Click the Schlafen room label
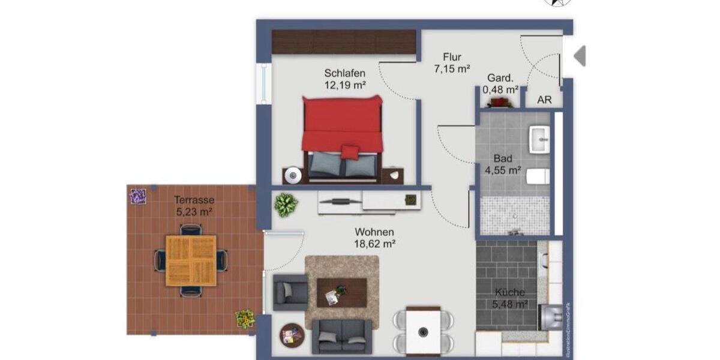pyautogui.click(x=345, y=73)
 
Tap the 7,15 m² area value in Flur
pyautogui.click(x=452, y=69)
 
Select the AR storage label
pyautogui.click(x=544, y=100)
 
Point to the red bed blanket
pyautogui.click(x=342, y=123)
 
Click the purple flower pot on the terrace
pyautogui.click(x=138, y=196)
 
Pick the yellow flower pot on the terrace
pyautogui.click(x=244, y=318)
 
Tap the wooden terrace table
pyautogui.click(x=191, y=260)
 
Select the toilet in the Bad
pyautogui.click(x=538, y=176)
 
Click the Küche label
pyautogui.click(x=510, y=292)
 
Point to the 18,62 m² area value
pyautogui.click(x=375, y=244)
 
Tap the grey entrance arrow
pyautogui.click(x=580, y=56)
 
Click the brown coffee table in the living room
pyautogui.click(x=341, y=292)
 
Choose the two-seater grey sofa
pyautogui.click(x=341, y=336)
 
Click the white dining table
pyautogui.click(x=423, y=331)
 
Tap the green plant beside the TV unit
pyautogui.click(x=286, y=205)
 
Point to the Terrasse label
pyautogui.click(x=194, y=200)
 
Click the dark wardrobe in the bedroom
pyautogui.click(x=344, y=42)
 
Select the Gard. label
pyautogui.click(x=500, y=78)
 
